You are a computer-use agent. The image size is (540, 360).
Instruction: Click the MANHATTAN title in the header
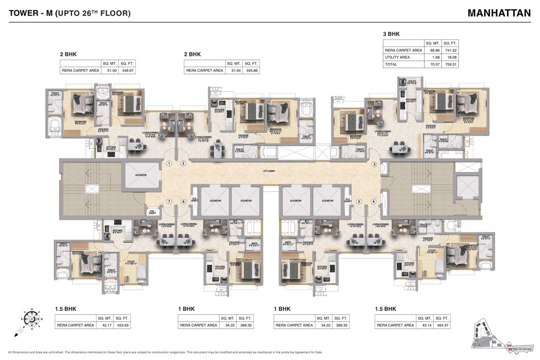[x=499, y=13]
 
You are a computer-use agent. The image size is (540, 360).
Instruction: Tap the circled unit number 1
[x=169, y=164]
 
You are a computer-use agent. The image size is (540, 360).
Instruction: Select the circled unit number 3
[x=374, y=165]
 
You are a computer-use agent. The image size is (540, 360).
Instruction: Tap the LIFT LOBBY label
[x=269, y=171]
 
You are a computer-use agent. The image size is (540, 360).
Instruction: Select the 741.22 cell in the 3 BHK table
[x=450, y=50]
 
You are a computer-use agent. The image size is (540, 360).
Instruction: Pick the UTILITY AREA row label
[x=397, y=57]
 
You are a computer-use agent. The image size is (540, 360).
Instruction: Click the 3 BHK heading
[x=391, y=34]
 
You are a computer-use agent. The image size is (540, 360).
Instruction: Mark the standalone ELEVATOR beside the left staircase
[x=141, y=176]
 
